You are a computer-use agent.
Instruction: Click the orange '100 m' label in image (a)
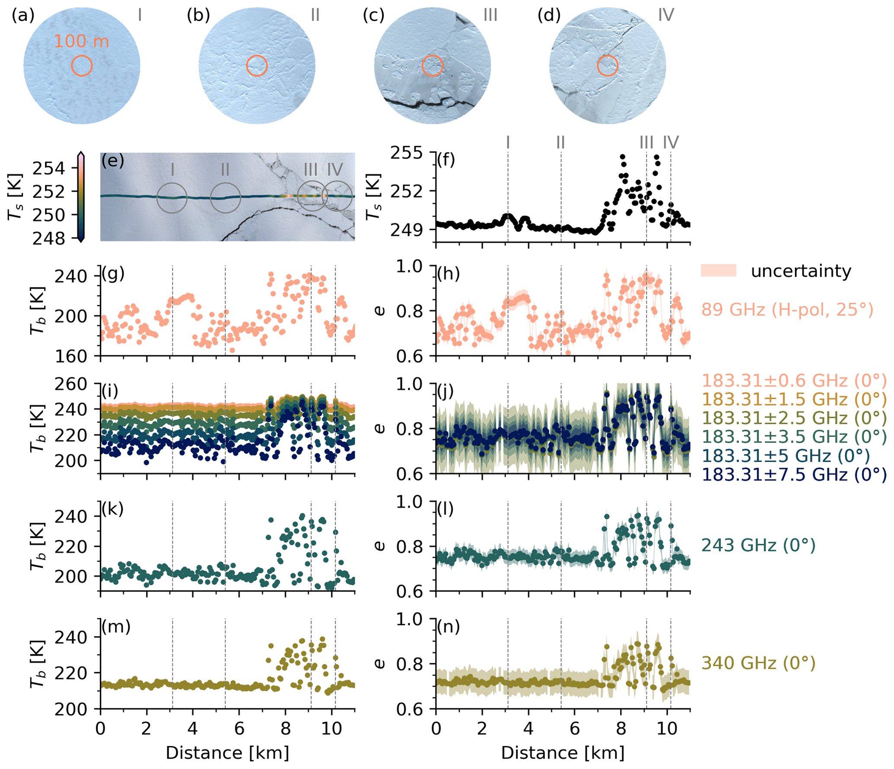(81, 42)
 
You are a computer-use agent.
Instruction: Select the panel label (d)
(549, 16)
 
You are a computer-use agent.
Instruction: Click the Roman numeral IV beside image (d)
(666, 16)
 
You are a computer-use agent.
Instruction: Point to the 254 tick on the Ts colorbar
(48, 168)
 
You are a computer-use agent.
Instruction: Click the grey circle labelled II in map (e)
(225, 198)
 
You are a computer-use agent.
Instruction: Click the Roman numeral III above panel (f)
(646, 142)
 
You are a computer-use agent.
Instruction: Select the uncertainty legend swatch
(718, 270)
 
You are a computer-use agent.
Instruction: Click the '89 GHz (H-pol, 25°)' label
(787, 309)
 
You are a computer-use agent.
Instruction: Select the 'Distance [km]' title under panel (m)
(227, 753)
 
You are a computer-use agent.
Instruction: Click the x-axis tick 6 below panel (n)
(574, 728)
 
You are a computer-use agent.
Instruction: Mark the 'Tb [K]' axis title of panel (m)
(38, 664)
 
